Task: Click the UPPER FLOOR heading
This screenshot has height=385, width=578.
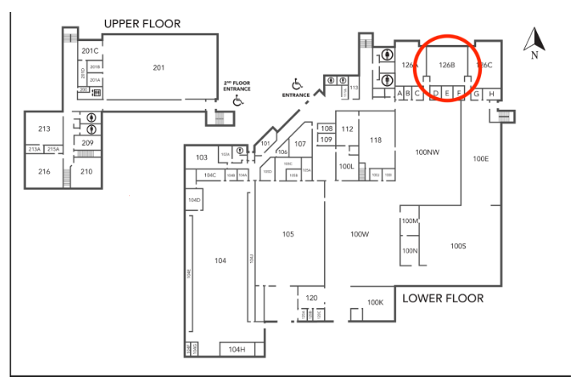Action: point(142,24)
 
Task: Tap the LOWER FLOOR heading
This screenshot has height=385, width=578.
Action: point(443,298)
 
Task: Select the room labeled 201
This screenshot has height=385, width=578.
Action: point(159,67)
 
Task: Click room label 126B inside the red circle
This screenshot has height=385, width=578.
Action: point(447,64)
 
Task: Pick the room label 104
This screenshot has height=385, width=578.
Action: point(220,260)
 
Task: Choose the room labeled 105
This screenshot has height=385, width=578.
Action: point(288,234)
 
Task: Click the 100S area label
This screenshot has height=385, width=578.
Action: point(458,245)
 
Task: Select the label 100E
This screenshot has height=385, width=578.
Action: point(481,159)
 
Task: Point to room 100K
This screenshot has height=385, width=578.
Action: point(375,302)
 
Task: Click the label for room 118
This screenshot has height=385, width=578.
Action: point(375,140)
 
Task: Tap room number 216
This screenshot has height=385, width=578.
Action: point(44,172)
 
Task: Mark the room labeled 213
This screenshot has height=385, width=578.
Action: point(44,128)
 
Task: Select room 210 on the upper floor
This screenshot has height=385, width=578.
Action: point(86,172)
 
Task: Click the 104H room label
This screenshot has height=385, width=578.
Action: point(236,349)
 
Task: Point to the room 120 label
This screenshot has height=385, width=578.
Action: point(311,298)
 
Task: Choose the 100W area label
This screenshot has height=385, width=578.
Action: point(358,234)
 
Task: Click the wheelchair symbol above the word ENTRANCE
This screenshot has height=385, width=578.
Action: point(297,83)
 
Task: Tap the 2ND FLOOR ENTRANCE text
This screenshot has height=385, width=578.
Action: point(236,86)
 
